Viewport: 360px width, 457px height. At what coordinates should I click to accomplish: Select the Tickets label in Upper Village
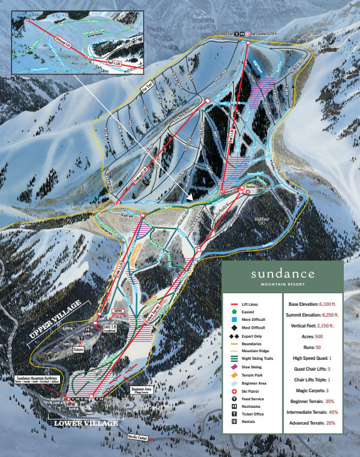79,348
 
